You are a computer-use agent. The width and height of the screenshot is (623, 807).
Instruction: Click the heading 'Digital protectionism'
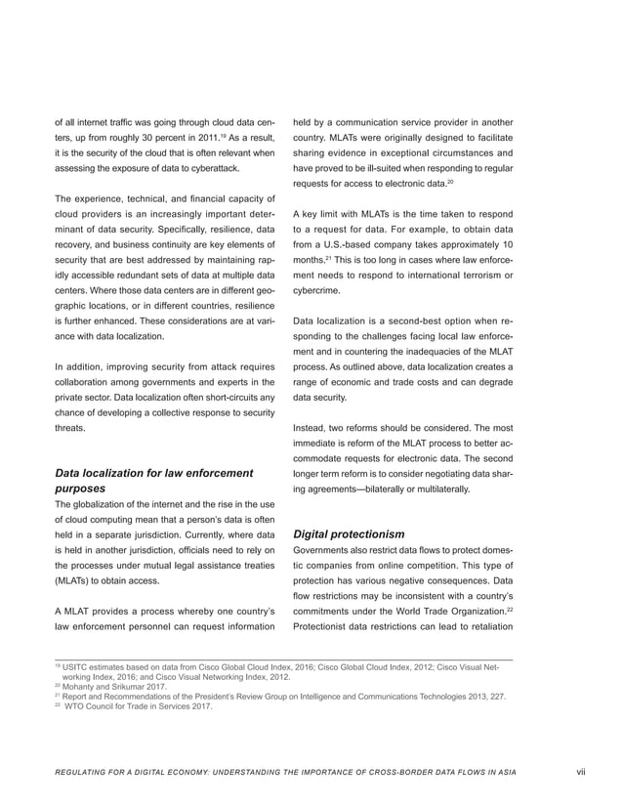click(x=349, y=533)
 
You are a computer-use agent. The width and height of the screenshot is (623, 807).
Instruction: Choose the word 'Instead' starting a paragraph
click(x=311, y=428)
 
